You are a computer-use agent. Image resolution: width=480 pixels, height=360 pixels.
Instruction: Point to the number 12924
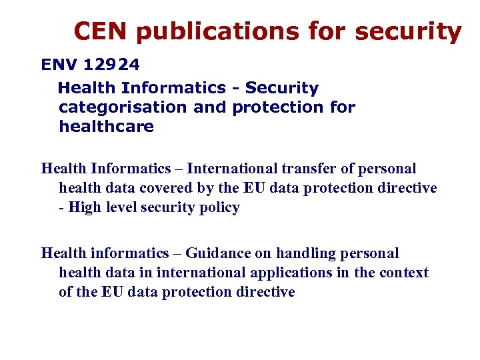[112, 65]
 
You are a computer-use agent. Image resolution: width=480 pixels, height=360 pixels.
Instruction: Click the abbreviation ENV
[60, 65]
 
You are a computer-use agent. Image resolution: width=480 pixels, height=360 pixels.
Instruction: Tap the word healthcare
[107, 126]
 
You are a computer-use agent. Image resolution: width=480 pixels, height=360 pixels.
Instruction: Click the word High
[84, 207]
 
